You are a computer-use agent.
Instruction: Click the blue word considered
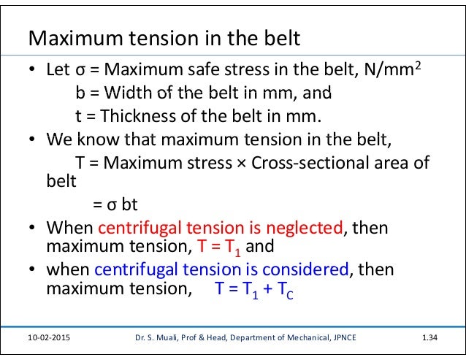click(x=308, y=269)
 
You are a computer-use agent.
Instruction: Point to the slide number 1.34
click(x=433, y=339)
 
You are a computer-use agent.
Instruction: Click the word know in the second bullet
click(x=91, y=138)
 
